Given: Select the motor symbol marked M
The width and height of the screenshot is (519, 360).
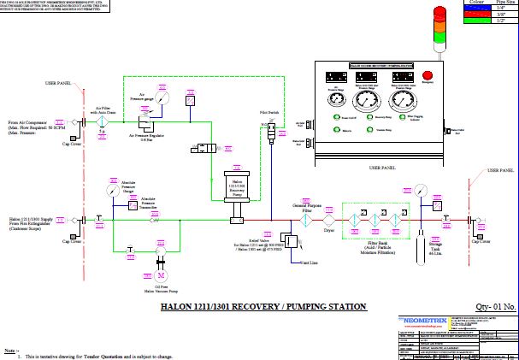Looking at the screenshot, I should [160, 275].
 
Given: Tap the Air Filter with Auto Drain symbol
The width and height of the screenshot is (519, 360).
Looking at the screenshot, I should [103, 124].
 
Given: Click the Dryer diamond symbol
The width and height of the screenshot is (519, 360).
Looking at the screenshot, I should [329, 219].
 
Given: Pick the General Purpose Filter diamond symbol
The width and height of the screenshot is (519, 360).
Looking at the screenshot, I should [304, 219].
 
